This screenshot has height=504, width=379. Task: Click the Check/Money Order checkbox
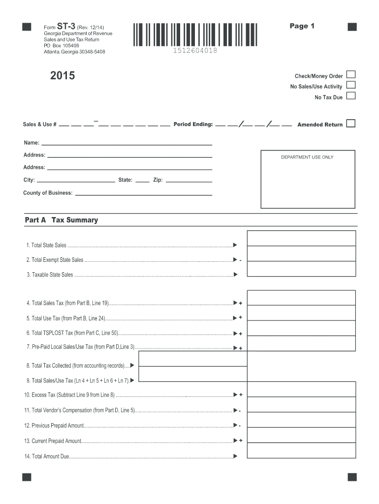(350, 75)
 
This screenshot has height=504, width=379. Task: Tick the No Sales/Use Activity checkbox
(350, 85)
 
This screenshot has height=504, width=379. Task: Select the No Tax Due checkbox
(350, 96)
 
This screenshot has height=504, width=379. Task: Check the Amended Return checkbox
(350, 124)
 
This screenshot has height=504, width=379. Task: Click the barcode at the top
(194, 34)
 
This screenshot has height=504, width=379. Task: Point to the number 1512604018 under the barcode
(194, 51)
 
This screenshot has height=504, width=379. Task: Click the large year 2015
(63, 76)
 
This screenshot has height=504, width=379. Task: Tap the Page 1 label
(302, 26)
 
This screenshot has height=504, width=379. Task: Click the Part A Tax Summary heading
(62, 220)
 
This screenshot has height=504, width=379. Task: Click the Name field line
(126, 144)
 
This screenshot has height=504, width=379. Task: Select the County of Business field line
(143, 194)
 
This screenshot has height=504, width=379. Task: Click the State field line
(142, 181)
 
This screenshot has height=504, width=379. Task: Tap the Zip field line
(189, 181)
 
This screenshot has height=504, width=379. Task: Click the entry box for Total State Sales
(301, 238)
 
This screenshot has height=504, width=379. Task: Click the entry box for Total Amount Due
(301, 451)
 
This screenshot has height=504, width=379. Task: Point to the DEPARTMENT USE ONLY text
(307, 157)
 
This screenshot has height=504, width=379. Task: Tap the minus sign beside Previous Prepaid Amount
(240, 426)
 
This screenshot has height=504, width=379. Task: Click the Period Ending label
(193, 125)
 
